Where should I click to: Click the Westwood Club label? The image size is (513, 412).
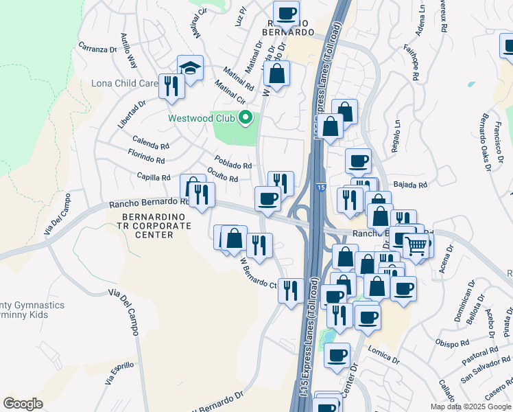[202, 118]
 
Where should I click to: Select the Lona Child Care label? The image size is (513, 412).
[125, 84]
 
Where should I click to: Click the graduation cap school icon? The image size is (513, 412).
[190, 67]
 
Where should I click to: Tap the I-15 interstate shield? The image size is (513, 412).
[321, 187]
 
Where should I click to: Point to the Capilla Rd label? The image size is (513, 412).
[153, 177]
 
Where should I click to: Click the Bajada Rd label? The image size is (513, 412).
[411, 185]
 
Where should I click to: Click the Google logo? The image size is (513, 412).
[23, 404]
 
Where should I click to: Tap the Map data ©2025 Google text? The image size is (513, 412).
[470, 407]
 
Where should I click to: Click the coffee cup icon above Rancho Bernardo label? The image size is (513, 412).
[286, 12]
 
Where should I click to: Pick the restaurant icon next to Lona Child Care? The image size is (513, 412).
[171, 86]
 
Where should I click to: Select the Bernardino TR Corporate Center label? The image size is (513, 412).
[147, 225]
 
